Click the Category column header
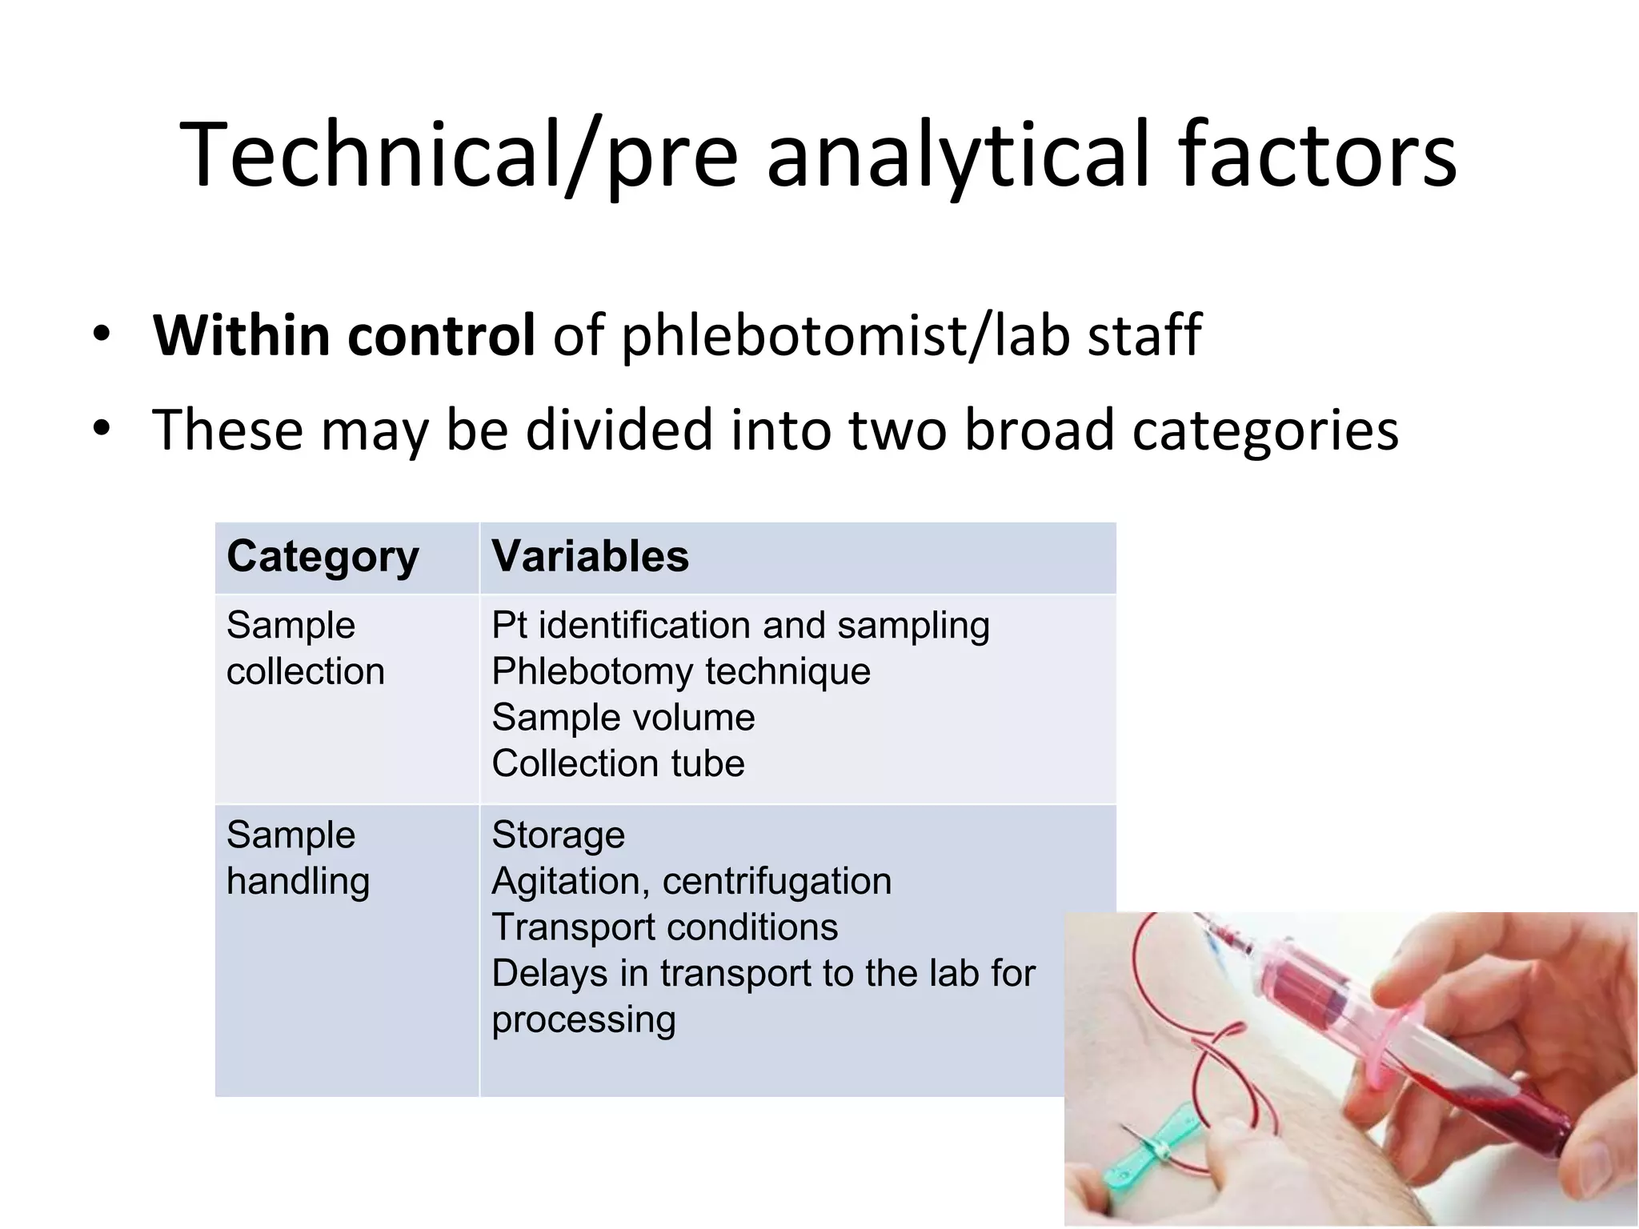pyautogui.click(x=323, y=556)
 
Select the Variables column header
pyautogui.click(x=590, y=556)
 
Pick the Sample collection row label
pyautogui.click(x=305, y=648)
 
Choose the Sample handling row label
pyautogui.click(x=298, y=858)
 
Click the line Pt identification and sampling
pyautogui.click(x=740, y=625)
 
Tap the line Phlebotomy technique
pyautogui.click(x=681, y=671)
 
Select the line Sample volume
pyautogui.click(x=623, y=718)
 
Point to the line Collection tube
pyautogui.click(x=618, y=763)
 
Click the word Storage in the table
pyautogui.click(x=558, y=835)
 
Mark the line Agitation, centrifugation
pyautogui.click(x=691, y=881)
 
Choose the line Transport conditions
pyautogui.click(x=665, y=927)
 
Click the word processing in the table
pyautogui.click(x=583, y=1019)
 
